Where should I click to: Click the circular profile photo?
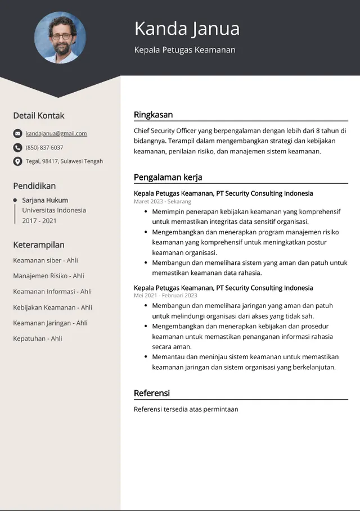(60, 37)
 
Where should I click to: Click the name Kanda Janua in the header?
(187, 28)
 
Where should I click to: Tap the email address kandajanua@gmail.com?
(56, 133)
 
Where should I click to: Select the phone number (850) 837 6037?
(44, 147)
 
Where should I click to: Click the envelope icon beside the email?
(17, 133)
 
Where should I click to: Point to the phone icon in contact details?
(17, 147)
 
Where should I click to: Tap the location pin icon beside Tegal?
(17, 161)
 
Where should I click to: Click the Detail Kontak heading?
(39, 116)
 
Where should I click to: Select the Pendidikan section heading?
(34, 186)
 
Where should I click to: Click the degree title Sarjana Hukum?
(45, 200)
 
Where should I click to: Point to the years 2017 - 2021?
(39, 220)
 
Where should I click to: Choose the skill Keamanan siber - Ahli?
(46, 260)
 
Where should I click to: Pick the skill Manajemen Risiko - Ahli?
(48, 276)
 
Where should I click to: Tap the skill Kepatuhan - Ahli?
(38, 338)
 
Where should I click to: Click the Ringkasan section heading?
(153, 115)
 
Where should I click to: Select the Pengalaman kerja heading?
(168, 178)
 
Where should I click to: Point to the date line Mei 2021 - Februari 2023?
(165, 295)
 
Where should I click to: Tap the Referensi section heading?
(152, 393)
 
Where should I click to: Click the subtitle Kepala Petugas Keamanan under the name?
(184, 50)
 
